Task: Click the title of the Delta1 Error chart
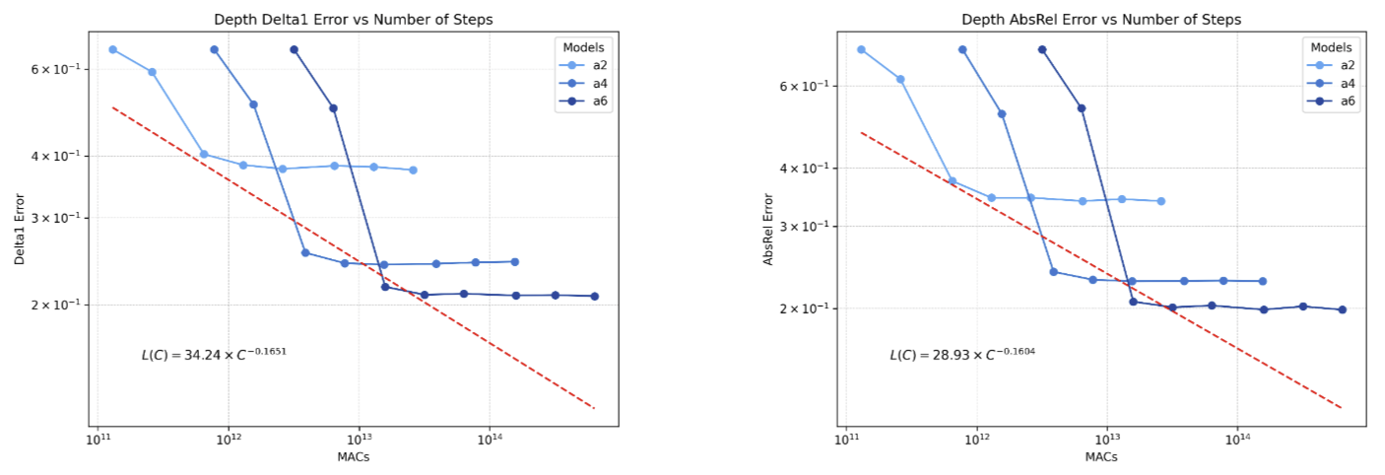pos(353,20)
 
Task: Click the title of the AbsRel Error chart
pos(1100,20)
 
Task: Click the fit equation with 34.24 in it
pos(215,353)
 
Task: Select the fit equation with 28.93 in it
pos(962,353)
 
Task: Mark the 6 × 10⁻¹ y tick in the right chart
pos(806,87)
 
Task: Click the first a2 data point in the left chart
pos(112,49)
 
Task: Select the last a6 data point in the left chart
pos(594,297)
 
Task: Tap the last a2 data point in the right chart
pos(1160,201)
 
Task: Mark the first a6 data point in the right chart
pos(1042,49)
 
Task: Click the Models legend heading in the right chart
pos(1332,46)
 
